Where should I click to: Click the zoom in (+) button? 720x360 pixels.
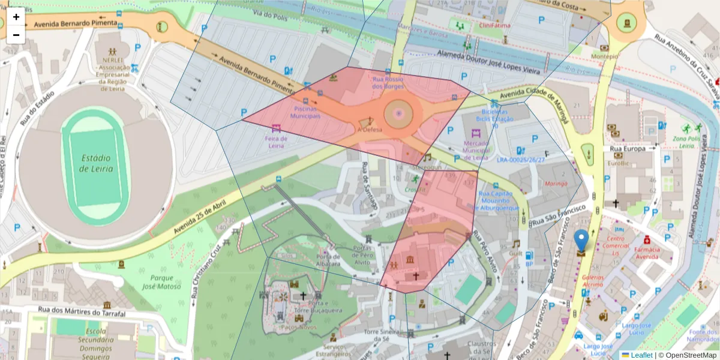click(16, 17)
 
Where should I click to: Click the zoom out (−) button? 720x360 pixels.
click(16, 35)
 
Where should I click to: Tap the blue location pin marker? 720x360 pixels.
click(581, 241)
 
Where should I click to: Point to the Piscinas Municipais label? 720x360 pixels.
click(306, 112)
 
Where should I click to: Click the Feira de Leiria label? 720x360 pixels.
click(276, 142)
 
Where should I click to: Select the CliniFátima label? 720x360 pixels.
click(491, 26)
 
